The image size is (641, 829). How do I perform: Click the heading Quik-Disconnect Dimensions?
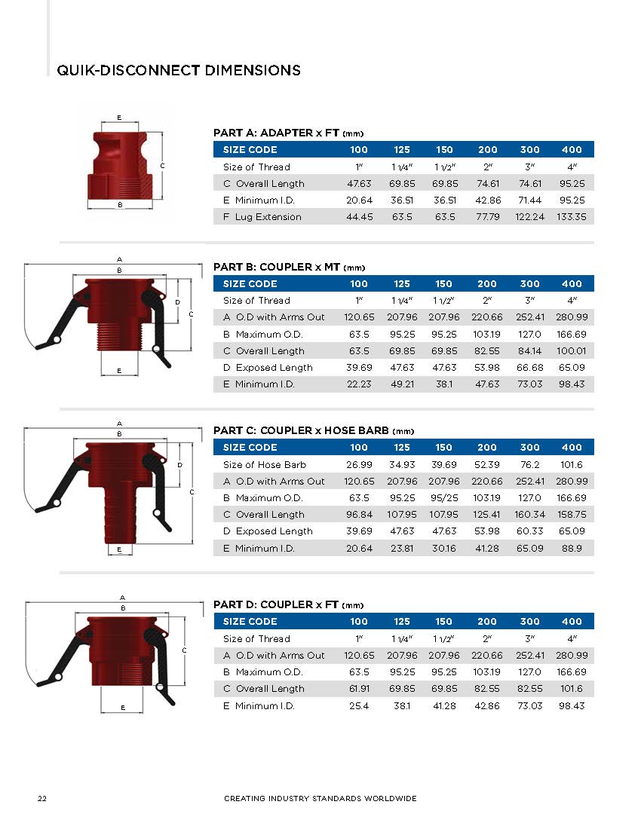pos(179,70)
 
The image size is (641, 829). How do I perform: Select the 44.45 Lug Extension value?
pos(359,217)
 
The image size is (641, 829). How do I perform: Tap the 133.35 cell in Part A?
pos(572,217)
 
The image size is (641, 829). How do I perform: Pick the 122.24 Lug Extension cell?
pos(529,217)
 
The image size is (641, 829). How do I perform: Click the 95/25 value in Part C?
pos(443,498)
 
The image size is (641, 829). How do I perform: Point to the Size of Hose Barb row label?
pos(265,465)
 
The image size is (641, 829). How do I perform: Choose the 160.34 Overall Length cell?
pos(529,515)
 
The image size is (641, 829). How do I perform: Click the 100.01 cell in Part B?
pos(572,351)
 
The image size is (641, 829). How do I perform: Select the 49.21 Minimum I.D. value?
pos(401,384)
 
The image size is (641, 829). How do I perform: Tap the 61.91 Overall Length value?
pos(359,689)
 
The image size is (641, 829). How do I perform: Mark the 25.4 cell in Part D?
pos(359,706)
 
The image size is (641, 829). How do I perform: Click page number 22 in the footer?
pos(43,798)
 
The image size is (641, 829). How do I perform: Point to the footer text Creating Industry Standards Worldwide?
pos(320,798)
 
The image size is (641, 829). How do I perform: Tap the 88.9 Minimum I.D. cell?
pos(572,549)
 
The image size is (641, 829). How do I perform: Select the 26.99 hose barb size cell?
pos(359,465)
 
